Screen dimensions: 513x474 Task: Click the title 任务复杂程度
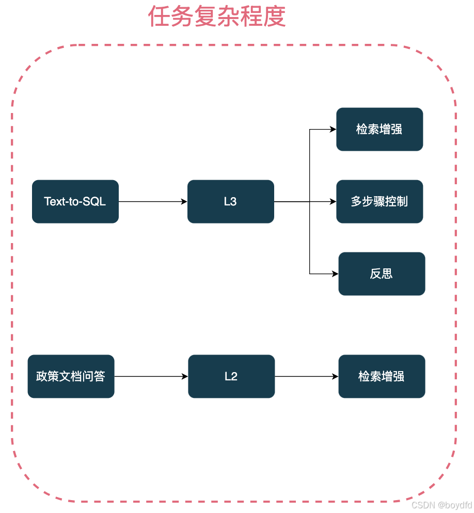coord(217,17)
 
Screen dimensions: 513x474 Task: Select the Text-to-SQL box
coord(75,201)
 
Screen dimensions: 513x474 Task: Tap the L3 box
coord(230,201)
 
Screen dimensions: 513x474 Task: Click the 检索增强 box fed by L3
coord(380,129)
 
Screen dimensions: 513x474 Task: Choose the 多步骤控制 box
coord(380,201)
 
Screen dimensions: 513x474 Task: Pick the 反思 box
coord(382,274)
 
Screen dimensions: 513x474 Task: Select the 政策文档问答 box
coord(71,376)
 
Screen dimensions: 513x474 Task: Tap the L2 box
coord(231,376)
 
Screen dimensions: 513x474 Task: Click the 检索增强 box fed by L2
coord(382,376)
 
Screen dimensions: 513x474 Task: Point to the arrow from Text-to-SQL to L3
coord(153,201)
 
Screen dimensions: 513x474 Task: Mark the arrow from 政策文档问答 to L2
coord(151,376)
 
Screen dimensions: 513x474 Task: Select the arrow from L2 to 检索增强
coord(306,376)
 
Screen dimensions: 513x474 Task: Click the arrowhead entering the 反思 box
coord(335,274)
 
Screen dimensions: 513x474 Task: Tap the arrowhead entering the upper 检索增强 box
coord(333,129)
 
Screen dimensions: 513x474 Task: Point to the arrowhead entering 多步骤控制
coord(333,201)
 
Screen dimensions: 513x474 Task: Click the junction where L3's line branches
coord(310,201)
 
